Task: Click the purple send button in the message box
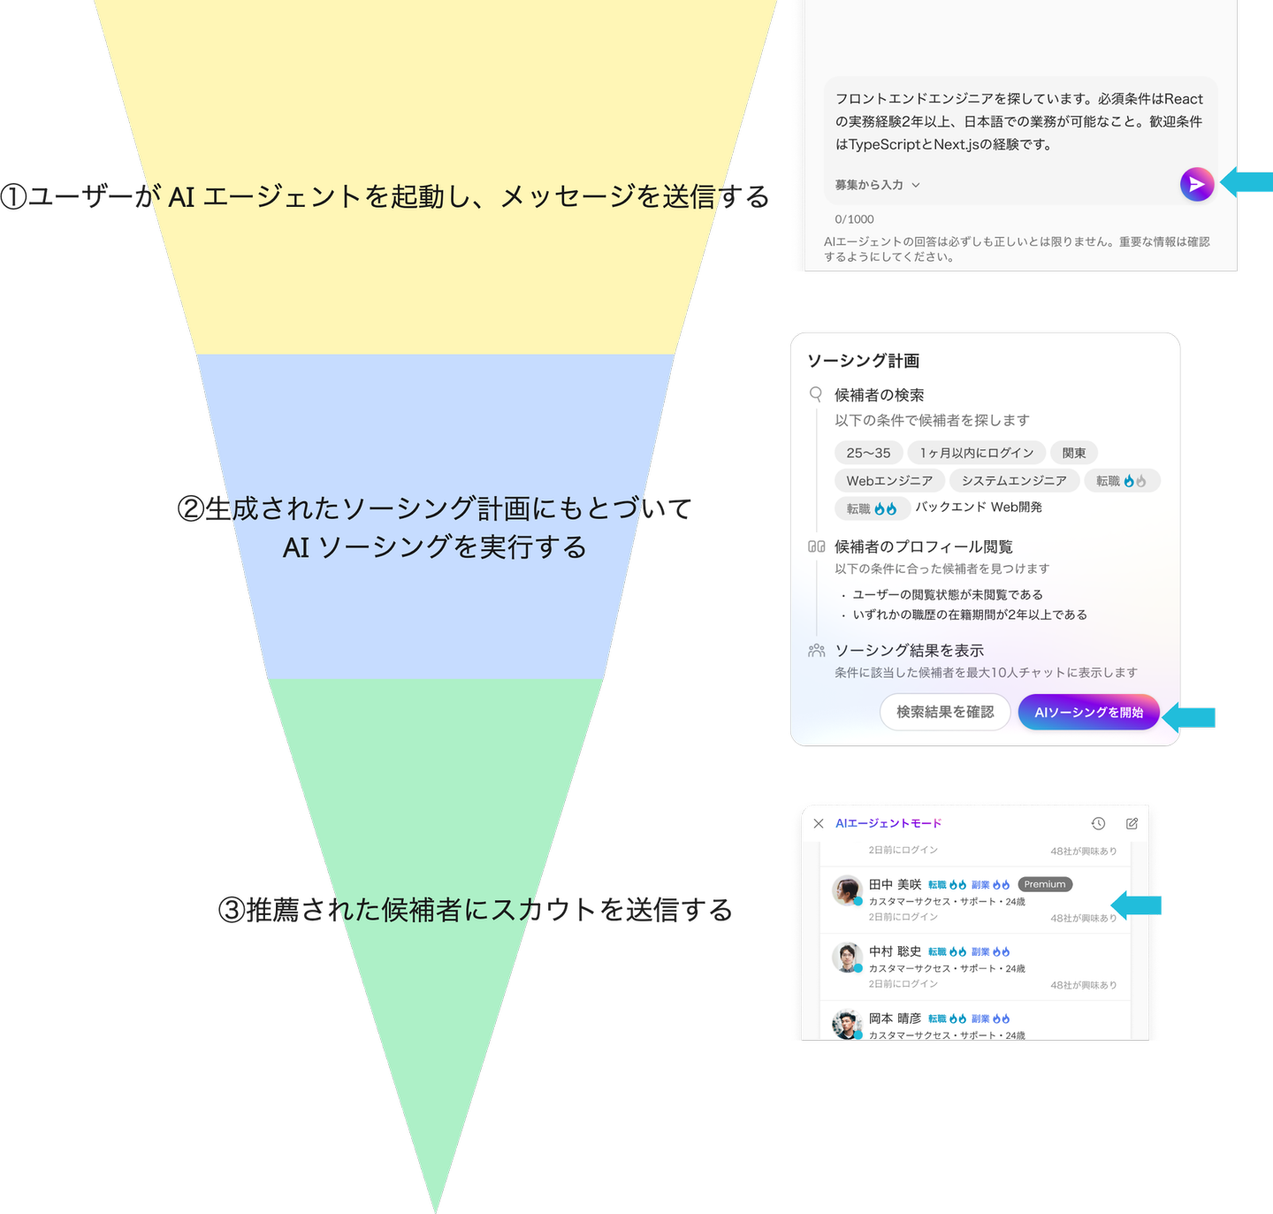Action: [x=1196, y=184]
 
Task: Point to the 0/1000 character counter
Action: [x=854, y=219]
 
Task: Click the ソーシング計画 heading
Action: [x=863, y=361]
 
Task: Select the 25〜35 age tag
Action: [x=868, y=453]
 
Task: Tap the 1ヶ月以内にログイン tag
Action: [x=976, y=453]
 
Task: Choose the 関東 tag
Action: [x=1074, y=453]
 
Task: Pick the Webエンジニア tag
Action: [x=889, y=481]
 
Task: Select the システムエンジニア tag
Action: [x=1014, y=481]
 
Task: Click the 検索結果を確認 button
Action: [x=945, y=712]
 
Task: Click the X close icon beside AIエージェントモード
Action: [x=819, y=823]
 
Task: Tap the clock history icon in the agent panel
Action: [x=1098, y=823]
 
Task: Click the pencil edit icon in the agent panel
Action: [x=1132, y=823]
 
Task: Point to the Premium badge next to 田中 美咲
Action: [x=1045, y=884]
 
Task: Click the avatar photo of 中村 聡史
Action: [x=847, y=957]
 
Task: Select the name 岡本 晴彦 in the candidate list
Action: [x=895, y=1019]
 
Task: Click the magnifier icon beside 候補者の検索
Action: [x=816, y=394]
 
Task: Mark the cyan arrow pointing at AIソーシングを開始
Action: [x=1189, y=717]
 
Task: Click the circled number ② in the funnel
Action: [x=191, y=509]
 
